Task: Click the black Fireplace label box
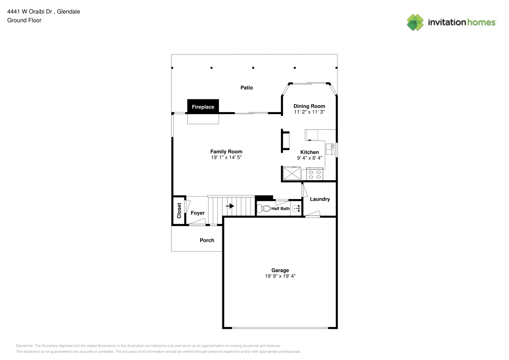point(203,106)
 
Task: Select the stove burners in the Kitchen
point(315,174)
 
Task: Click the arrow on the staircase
point(230,206)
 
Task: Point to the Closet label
point(179,210)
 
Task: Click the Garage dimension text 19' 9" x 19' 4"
point(280,276)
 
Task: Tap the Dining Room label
point(309,106)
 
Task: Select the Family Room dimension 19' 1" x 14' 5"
point(226,158)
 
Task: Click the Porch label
point(207,240)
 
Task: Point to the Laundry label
point(320,199)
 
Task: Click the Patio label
point(246,88)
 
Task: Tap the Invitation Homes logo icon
point(415,22)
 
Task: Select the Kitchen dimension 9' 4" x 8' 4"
point(309,158)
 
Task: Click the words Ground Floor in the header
point(24,20)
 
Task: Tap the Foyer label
point(197,213)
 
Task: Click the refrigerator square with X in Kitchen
point(292,174)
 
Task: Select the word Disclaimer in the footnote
point(25,345)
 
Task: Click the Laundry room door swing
point(304,190)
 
